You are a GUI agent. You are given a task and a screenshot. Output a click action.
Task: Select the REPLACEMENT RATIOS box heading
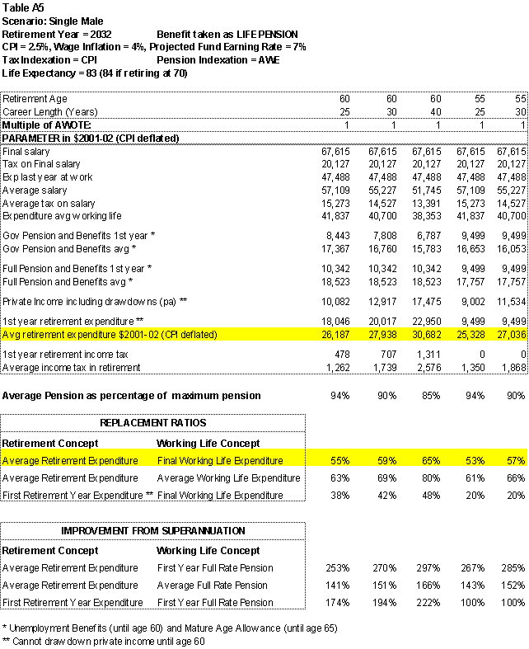click(153, 422)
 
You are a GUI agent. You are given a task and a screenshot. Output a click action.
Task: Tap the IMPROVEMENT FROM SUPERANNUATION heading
click(153, 531)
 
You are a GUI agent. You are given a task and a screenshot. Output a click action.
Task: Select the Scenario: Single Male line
click(53, 20)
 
